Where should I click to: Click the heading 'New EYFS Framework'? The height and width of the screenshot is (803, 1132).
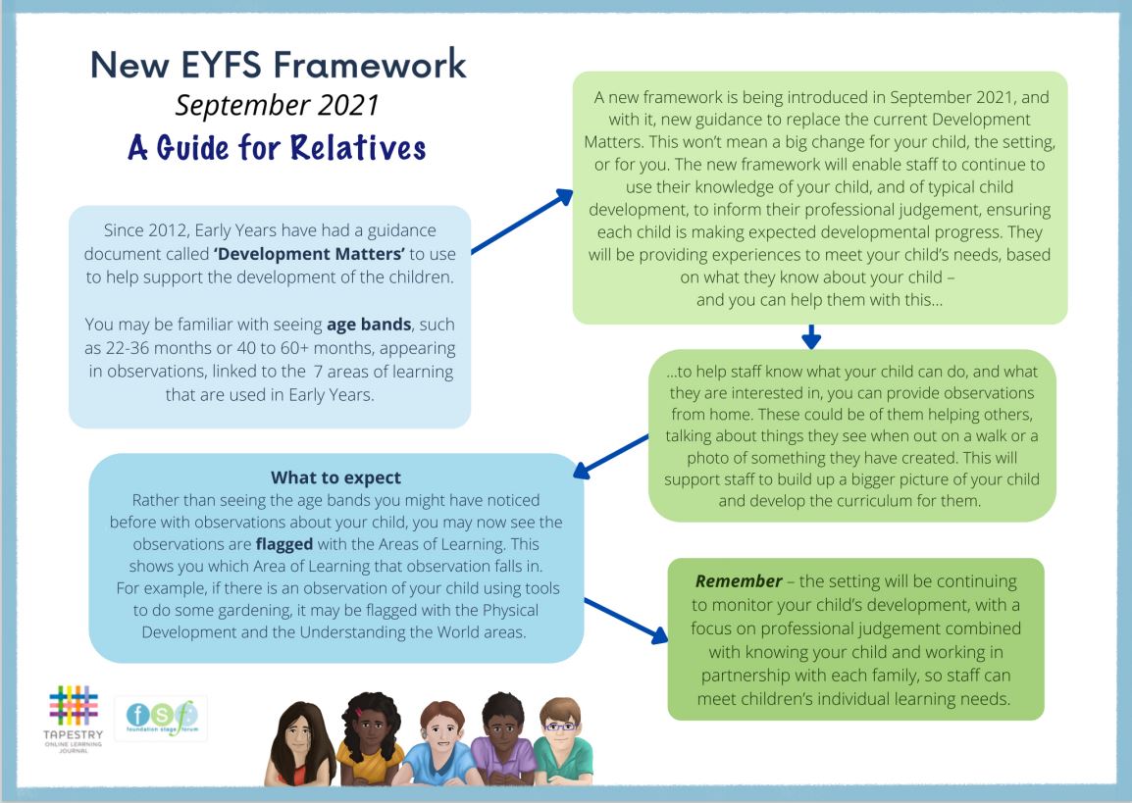(x=278, y=65)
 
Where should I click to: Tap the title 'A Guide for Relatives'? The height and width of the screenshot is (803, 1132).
(x=278, y=147)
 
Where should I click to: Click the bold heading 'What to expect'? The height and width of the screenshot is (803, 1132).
(x=335, y=478)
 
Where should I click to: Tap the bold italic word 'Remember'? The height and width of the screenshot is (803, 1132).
(x=738, y=582)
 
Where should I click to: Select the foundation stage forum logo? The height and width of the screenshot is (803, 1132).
(x=160, y=722)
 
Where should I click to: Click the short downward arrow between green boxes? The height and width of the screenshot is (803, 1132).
(x=810, y=337)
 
